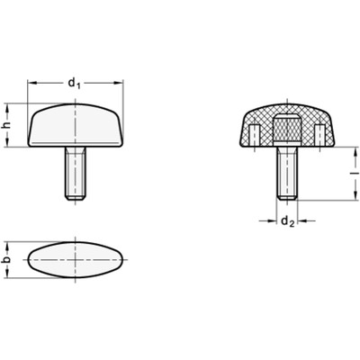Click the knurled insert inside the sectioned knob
285,129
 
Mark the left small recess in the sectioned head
256,135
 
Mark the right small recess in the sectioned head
317,135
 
